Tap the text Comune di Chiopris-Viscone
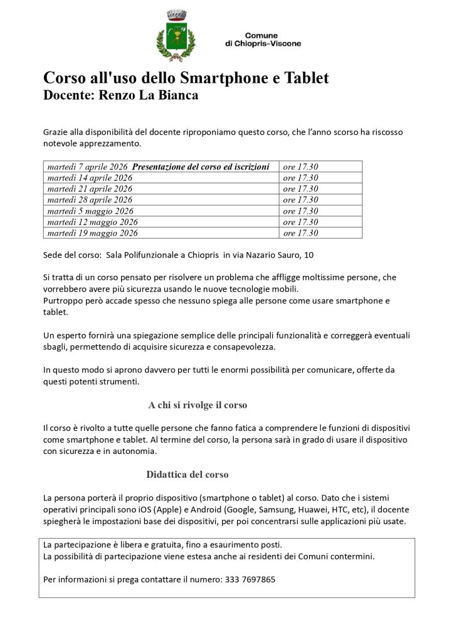point(262,39)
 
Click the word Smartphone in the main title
point(217,78)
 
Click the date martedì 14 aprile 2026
point(90,177)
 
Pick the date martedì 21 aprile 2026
point(90,189)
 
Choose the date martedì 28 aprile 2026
point(90,199)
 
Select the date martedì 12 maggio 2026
point(92,222)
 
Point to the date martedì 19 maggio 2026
point(92,233)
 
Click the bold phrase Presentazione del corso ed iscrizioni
point(201,167)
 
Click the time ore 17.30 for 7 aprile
point(300,167)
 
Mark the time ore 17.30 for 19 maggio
point(300,233)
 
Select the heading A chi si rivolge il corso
point(198,405)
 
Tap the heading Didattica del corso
point(187,474)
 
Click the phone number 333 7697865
point(249,579)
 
